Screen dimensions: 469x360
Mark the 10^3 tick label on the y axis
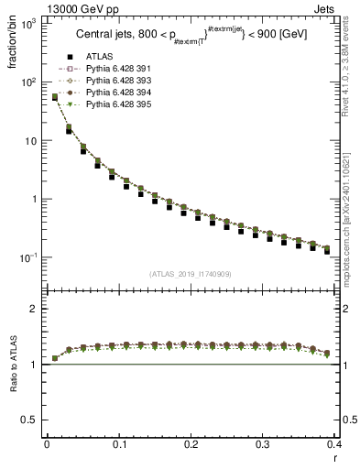[28, 24]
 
